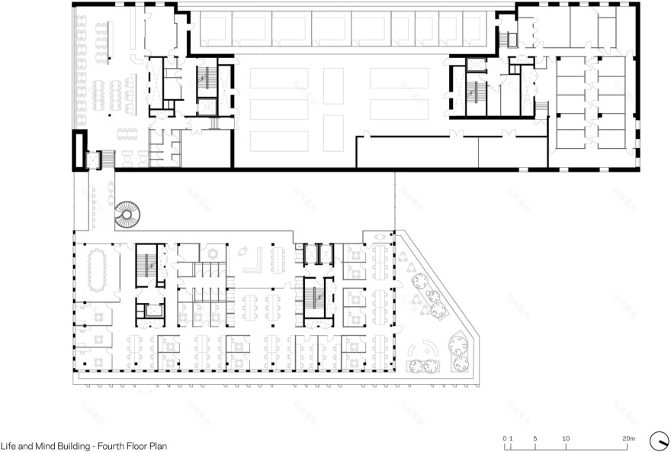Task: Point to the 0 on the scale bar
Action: coord(504,438)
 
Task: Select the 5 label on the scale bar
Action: coord(535,438)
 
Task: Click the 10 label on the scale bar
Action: coord(566,438)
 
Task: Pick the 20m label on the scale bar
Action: coord(628,438)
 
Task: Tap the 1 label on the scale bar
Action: coord(510,438)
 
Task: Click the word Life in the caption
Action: coord(8,445)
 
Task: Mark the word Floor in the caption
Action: coord(138,445)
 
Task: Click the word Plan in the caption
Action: coord(159,445)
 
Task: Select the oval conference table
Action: coord(96,271)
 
